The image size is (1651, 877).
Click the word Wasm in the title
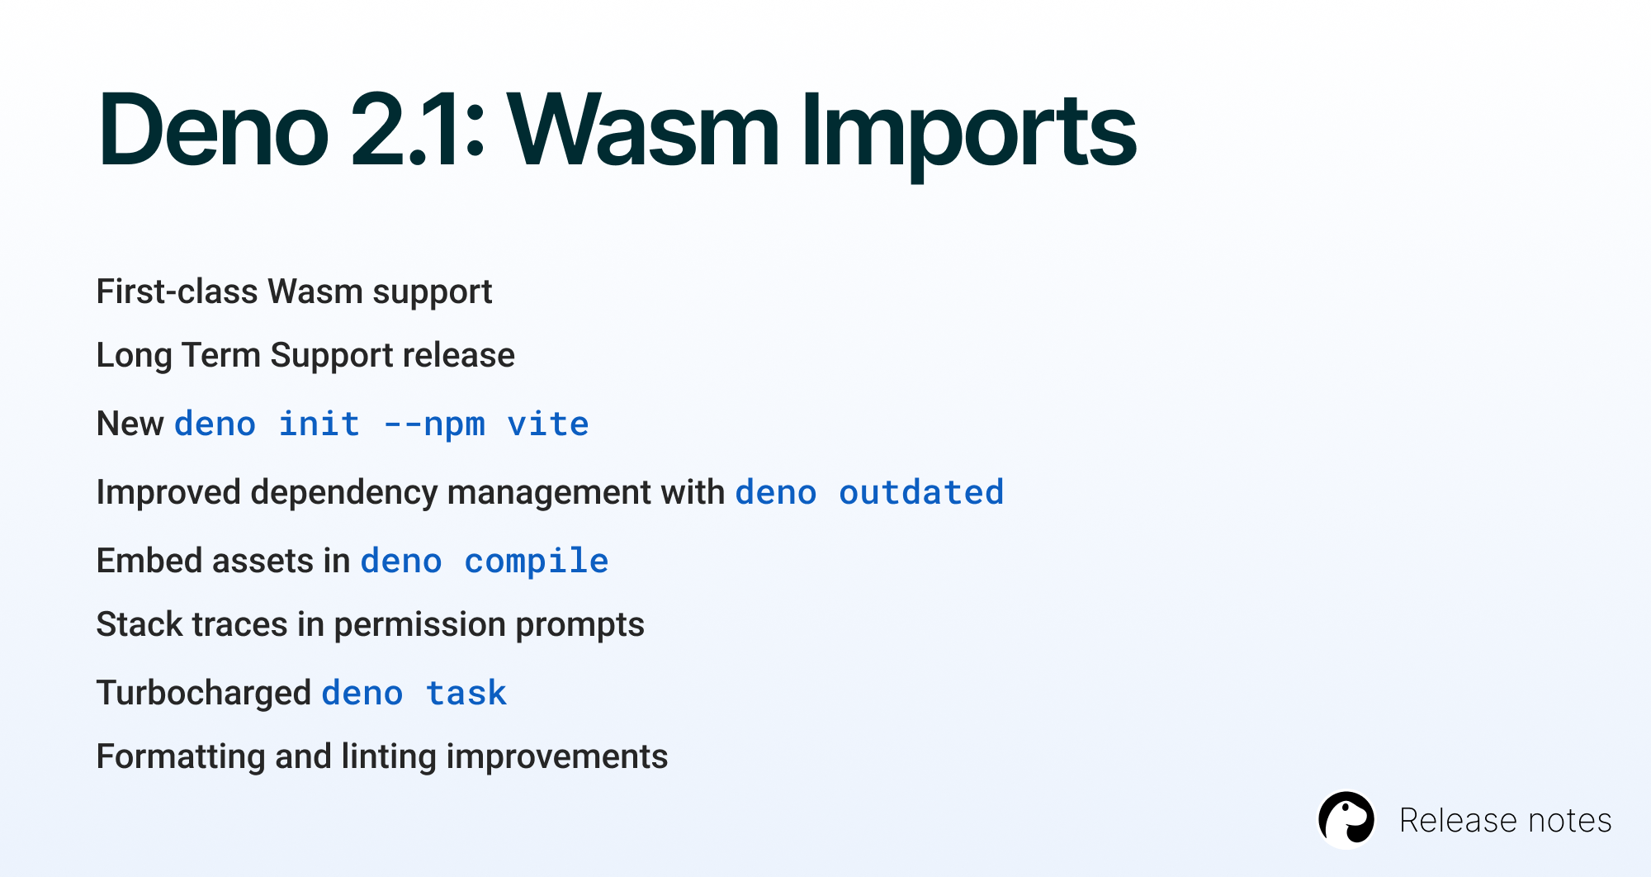coord(643,130)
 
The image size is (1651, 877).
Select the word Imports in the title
coord(969,136)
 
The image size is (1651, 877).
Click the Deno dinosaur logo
coord(1346,819)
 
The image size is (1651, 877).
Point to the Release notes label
coord(1505,820)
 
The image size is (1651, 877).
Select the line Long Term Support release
coord(305,356)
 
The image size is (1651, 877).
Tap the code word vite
coord(548,424)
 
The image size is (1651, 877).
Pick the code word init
coord(319,424)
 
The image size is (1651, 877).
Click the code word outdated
coord(921,492)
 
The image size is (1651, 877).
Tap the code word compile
coord(537,562)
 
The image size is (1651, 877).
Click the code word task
coord(466,694)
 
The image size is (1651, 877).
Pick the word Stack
coord(140,624)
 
